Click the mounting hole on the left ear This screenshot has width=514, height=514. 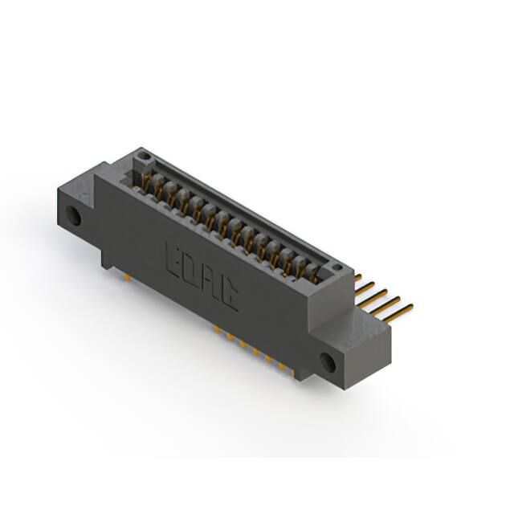point(73,216)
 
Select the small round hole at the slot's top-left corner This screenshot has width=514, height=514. point(143,155)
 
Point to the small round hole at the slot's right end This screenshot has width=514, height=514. point(337,267)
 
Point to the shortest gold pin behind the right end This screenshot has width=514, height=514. point(357,277)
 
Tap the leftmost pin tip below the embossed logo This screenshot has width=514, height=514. point(218,328)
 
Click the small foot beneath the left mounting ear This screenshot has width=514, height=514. point(108,261)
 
